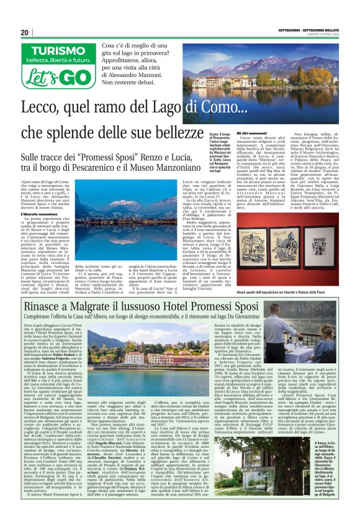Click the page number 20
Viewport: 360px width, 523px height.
click(x=25, y=32)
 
